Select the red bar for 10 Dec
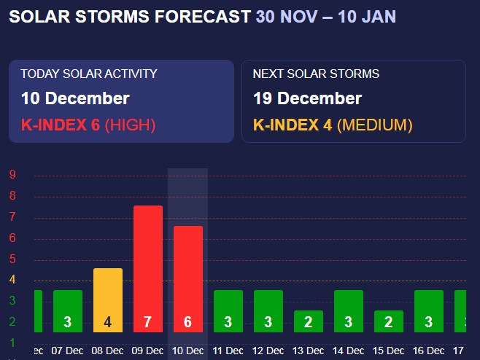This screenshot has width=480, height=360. pos(187,270)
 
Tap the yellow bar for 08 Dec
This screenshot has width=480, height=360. pos(108,291)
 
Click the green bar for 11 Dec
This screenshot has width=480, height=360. pos(228,306)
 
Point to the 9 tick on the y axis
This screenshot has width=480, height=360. pos(12,174)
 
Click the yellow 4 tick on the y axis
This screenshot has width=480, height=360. pos(12,280)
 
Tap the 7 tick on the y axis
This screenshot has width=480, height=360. pos(12,217)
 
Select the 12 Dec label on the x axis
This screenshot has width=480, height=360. pos(268,351)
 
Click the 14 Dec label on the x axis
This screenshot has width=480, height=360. pos(348,351)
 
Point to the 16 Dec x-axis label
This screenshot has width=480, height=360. pos(428,351)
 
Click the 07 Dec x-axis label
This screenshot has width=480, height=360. pos(67,351)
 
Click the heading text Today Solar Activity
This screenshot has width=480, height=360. pos(89,74)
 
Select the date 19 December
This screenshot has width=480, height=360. pos(307,98)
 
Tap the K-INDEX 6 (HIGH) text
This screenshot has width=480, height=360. pos(88,125)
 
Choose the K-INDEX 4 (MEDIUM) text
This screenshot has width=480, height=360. pos(333,125)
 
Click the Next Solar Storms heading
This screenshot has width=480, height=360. pos(316,74)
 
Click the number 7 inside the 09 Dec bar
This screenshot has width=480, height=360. pos(147,322)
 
